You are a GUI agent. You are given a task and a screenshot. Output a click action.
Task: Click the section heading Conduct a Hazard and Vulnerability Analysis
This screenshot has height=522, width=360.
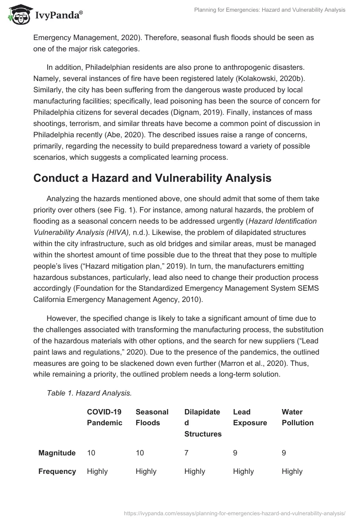pyautogui.click(x=152, y=178)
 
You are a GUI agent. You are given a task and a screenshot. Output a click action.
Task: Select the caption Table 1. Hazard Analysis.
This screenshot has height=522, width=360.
pyautogui.click(x=89, y=393)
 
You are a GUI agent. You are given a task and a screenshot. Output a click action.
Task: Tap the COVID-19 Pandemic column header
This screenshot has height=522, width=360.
pyautogui.click(x=104, y=417)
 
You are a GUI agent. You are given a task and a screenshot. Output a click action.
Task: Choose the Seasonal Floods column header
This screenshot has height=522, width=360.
pyautogui.click(x=152, y=417)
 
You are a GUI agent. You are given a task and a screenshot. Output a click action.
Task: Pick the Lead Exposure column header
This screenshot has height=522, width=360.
pyautogui.click(x=250, y=417)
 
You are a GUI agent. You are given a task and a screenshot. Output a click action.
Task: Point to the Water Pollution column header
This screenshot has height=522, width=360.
pyautogui.click(x=297, y=417)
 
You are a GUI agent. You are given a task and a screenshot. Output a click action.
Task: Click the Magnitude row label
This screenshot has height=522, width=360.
pyautogui.click(x=57, y=453)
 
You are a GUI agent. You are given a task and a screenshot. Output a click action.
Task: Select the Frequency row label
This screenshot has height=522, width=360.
pyautogui.click(x=57, y=471)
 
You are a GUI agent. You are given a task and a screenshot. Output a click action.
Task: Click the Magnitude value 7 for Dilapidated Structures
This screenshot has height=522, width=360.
pyautogui.click(x=186, y=453)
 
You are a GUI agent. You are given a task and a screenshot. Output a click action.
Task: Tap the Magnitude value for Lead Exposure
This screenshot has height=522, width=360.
pyautogui.click(x=235, y=453)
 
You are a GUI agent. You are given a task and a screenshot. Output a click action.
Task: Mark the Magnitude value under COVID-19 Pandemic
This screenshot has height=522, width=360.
pyautogui.click(x=91, y=453)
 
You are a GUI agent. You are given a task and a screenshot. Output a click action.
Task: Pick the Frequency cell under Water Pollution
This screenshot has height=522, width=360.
pyautogui.click(x=292, y=471)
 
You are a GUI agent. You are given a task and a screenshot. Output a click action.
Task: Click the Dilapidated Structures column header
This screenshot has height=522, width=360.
pyautogui.click(x=202, y=423)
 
